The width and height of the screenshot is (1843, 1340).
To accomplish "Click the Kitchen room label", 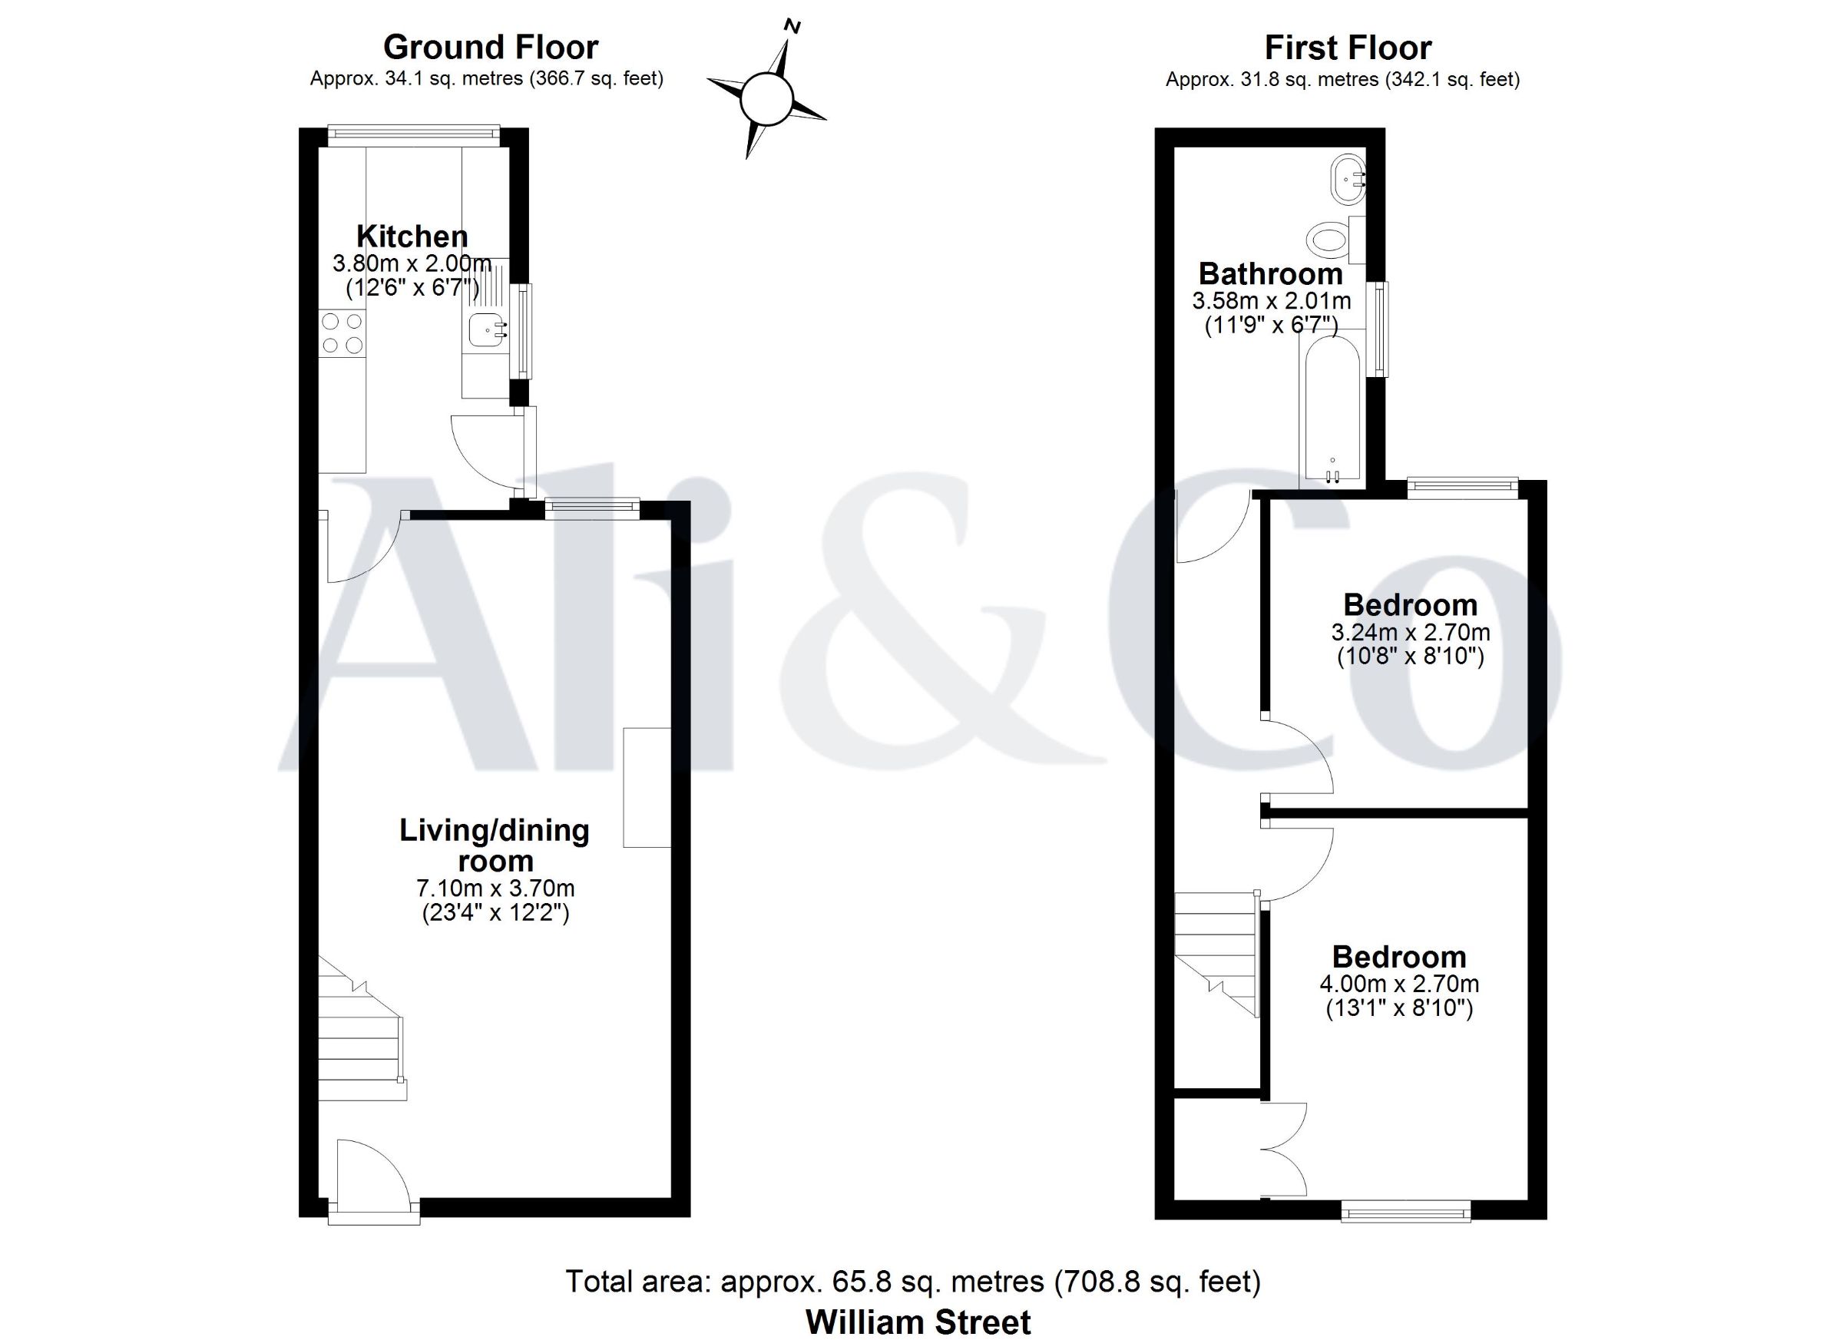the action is (x=412, y=237).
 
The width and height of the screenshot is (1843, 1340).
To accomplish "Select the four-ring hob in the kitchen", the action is (x=342, y=333).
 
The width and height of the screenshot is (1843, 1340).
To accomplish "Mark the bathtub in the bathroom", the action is (x=1331, y=409).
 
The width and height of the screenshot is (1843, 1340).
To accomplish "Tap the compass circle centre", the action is (x=766, y=98).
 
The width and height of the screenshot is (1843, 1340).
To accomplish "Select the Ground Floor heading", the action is (x=491, y=47).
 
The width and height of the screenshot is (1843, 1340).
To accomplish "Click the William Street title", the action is (x=918, y=1322).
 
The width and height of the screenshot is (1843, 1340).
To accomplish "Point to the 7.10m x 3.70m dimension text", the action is (x=496, y=889).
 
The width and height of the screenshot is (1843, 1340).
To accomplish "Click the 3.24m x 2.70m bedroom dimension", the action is (x=1411, y=632).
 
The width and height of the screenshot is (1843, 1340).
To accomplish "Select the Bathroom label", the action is (x=1271, y=274).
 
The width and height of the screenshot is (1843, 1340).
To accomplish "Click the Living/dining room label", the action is (x=494, y=845).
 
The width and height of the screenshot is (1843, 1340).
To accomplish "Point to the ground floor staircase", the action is (x=362, y=1028).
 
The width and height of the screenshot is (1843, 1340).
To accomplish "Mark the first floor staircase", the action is (x=1216, y=955).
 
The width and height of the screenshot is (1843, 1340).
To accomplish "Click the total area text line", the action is (x=913, y=1282).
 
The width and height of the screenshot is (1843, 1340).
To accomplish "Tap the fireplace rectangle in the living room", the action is (x=647, y=787).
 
